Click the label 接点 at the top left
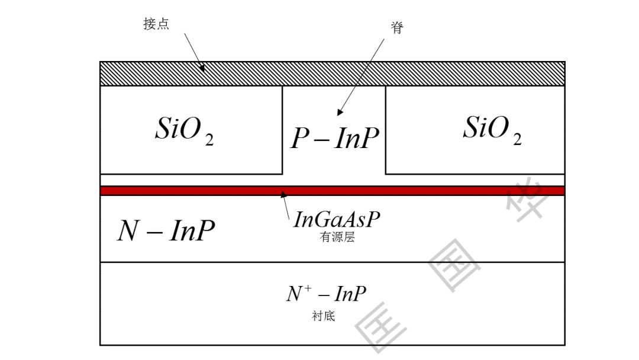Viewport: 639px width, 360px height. tap(156, 24)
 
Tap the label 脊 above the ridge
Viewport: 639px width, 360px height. tap(397, 27)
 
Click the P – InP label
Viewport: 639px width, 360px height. tap(334, 139)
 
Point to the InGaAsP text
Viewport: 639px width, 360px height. tap(337, 220)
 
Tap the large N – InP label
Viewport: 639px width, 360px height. tap(166, 230)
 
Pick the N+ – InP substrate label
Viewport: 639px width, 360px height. tap(326, 294)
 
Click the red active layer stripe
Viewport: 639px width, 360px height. tap(414, 191)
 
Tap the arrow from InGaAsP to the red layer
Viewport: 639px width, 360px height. tap(286, 205)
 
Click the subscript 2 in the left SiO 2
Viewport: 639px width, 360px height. tap(209, 140)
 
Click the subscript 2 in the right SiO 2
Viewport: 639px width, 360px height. tap(517, 139)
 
